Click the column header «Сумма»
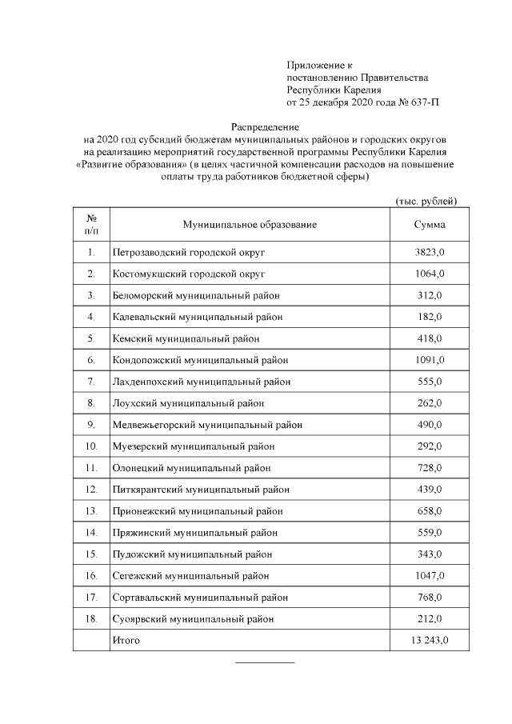(429, 225)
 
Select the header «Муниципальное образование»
(250, 225)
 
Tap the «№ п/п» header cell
(91, 225)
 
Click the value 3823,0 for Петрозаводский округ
(429, 253)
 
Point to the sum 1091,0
(429, 360)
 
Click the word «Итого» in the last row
(126, 640)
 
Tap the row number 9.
(91, 425)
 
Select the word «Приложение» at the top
(313, 64)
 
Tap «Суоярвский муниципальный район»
(193, 619)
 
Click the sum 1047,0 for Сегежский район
(429, 576)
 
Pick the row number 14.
(91, 533)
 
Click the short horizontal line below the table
(265, 662)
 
